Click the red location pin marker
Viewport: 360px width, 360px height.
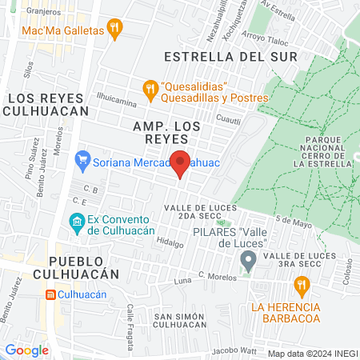tap(181, 162)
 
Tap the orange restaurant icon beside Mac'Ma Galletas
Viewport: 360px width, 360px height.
tap(116, 30)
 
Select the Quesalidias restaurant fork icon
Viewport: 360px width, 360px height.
tap(148, 87)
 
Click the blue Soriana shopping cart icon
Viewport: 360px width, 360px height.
tap(83, 160)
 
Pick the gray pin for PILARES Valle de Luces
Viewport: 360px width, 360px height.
tap(249, 259)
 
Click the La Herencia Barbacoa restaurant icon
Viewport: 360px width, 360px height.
tap(301, 284)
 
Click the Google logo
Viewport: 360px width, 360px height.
tap(27, 350)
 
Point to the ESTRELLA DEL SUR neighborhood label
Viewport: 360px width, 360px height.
tap(230, 57)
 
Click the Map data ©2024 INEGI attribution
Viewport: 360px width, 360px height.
tap(310, 353)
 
